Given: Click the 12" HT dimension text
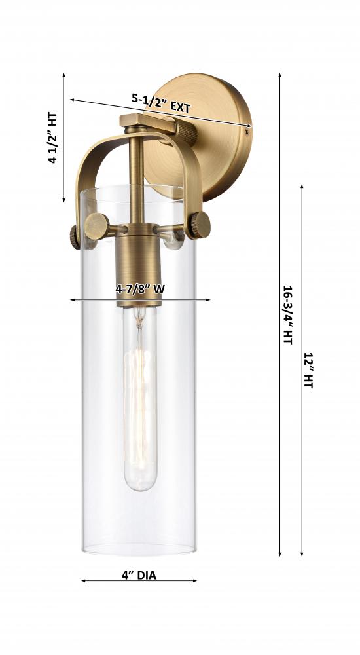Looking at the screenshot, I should pos(308,371).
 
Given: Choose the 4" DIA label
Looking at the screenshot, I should pos(139,576).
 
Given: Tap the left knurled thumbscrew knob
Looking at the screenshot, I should pos(96,227).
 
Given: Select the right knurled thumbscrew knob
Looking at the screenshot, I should pos(198,225).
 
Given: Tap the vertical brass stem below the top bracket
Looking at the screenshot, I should pos(137,177).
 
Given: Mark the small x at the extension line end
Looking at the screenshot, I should pos(247,130).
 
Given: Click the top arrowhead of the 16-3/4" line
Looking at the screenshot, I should pos(280,75).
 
